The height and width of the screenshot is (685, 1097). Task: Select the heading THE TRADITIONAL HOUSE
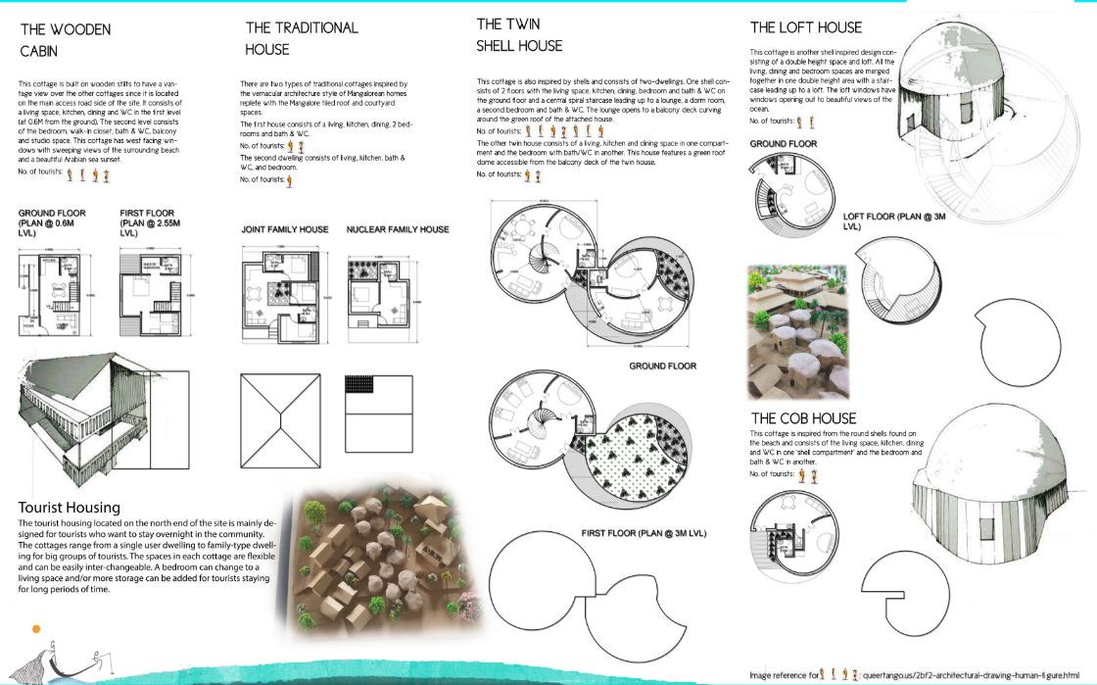click(x=302, y=38)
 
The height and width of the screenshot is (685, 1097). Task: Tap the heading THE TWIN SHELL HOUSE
click(x=519, y=34)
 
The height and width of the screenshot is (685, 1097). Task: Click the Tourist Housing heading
click(x=69, y=507)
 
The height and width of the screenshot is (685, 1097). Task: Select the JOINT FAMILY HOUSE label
click(x=285, y=229)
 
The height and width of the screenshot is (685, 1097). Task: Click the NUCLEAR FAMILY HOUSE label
click(x=398, y=229)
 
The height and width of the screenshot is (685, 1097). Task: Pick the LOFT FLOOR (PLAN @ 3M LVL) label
click(x=894, y=220)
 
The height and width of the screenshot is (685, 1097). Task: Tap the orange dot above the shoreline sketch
click(x=36, y=627)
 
